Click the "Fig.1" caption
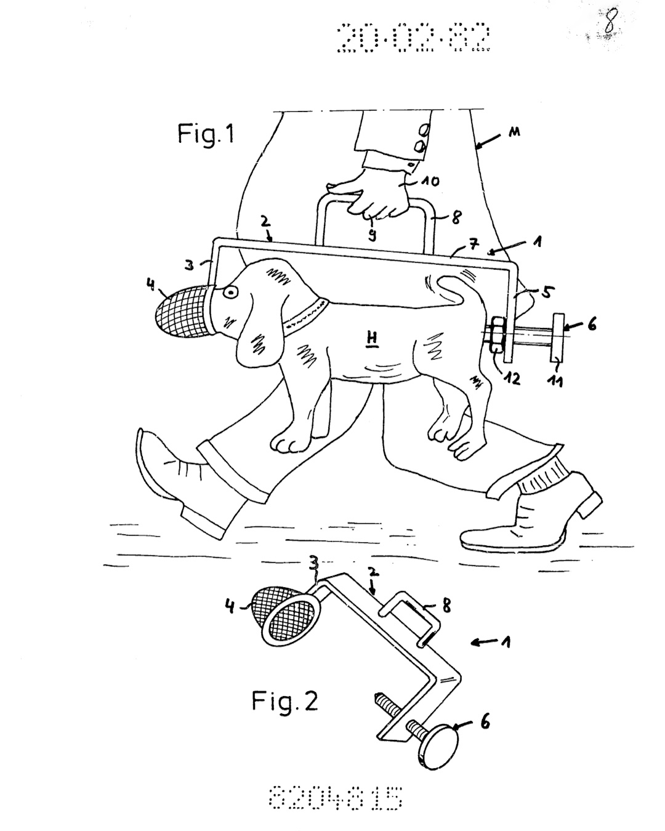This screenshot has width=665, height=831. (x=206, y=134)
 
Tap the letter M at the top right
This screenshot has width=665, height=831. (x=513, y=132)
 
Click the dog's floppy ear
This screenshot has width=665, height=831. (x=252, y=345)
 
